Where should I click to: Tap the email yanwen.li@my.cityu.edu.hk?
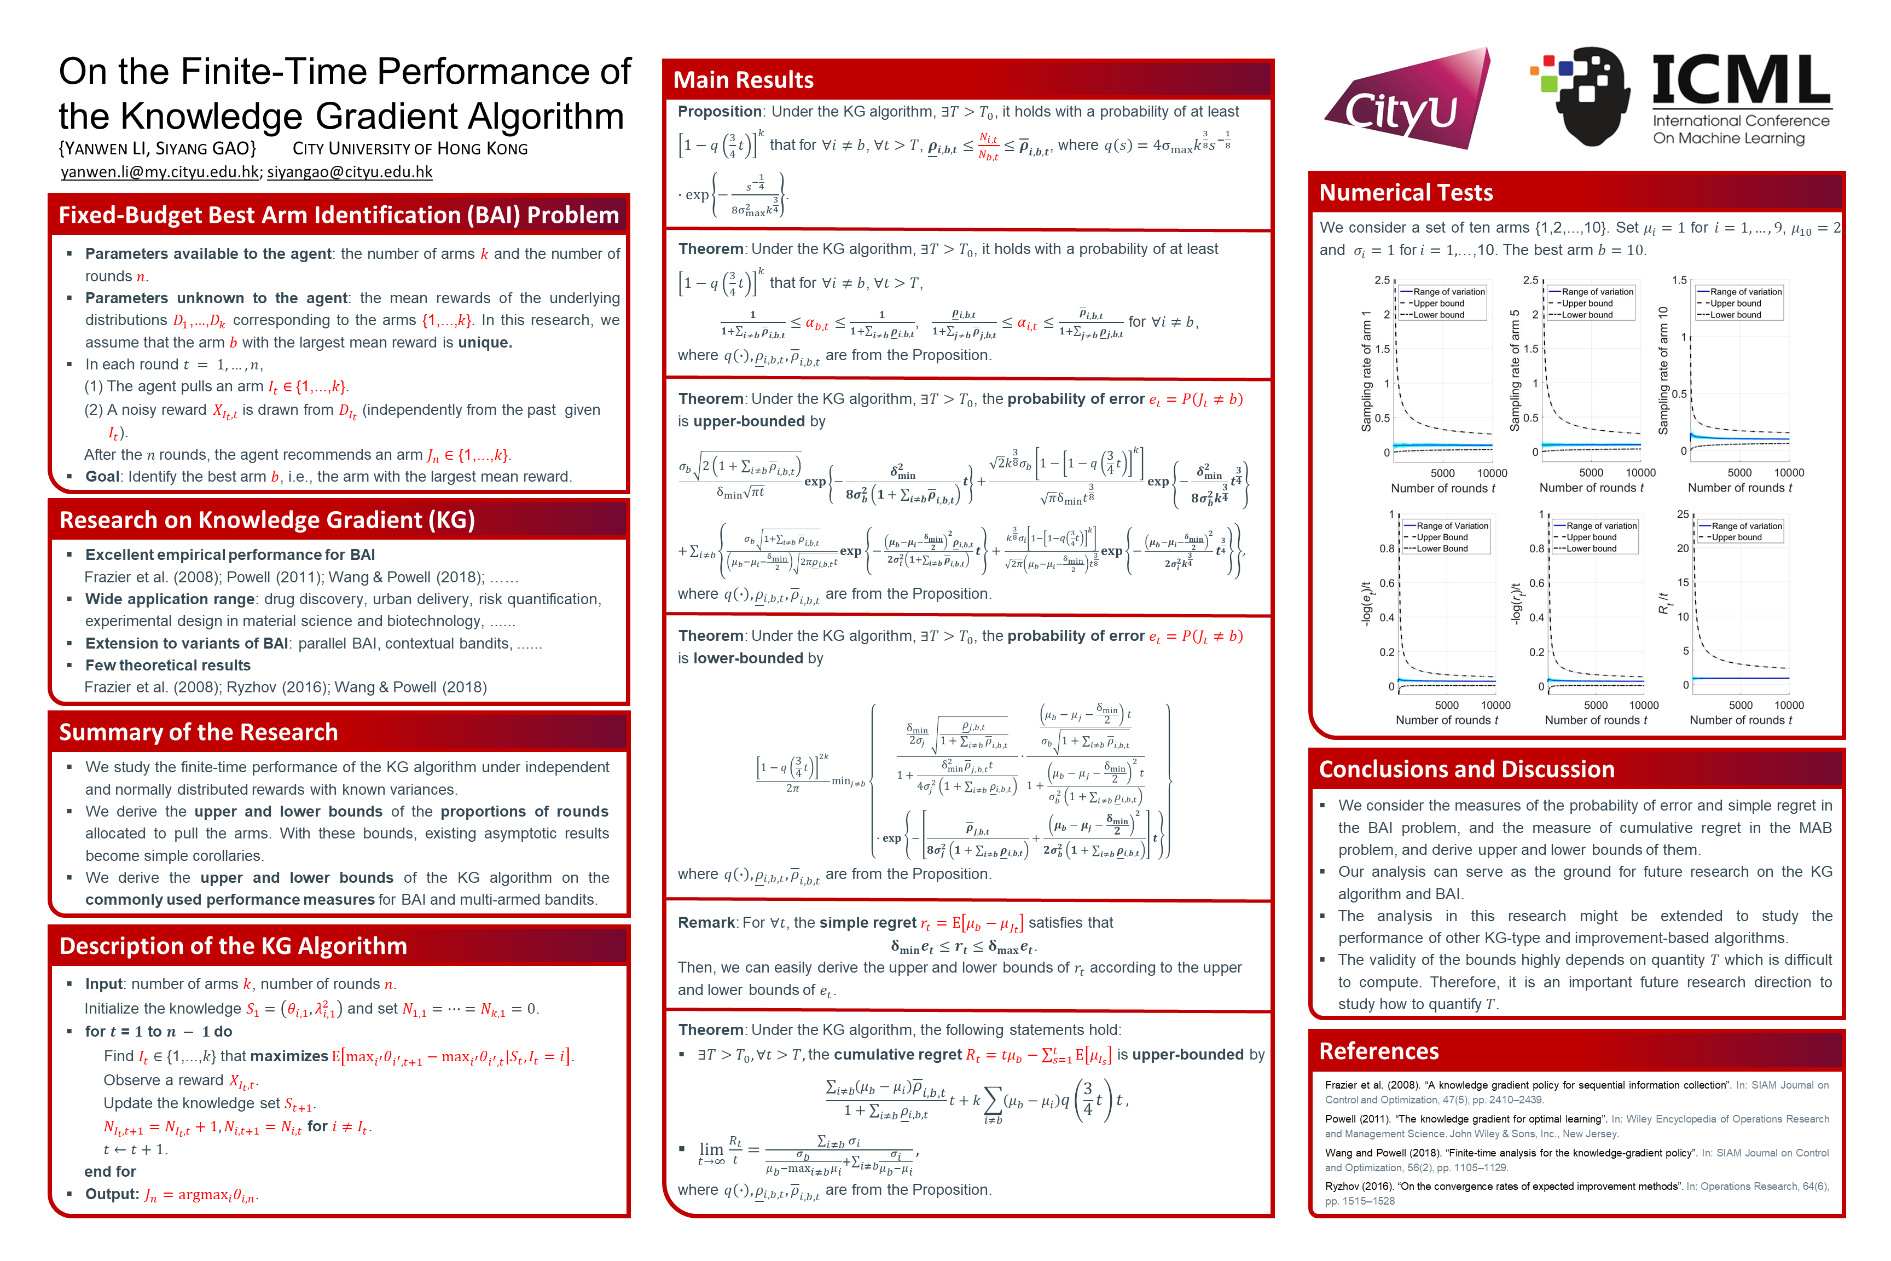[160, 172]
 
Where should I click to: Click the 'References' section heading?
[1379, 1051]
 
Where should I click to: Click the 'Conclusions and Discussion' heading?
[1466, 770]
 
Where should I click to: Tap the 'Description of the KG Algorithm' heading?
[233, 946]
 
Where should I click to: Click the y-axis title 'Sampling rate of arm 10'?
[1663, 370]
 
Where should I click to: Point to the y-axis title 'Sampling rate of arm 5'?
[1515, 370]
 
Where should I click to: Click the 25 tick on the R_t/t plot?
[1682, 514]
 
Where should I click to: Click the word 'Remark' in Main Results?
[706, 922]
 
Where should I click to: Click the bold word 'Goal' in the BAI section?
[102, 477]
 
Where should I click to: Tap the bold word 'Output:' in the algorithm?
[112, 1194]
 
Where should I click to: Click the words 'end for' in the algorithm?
[110, 1172]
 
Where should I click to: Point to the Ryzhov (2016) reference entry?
[1576, 1194]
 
